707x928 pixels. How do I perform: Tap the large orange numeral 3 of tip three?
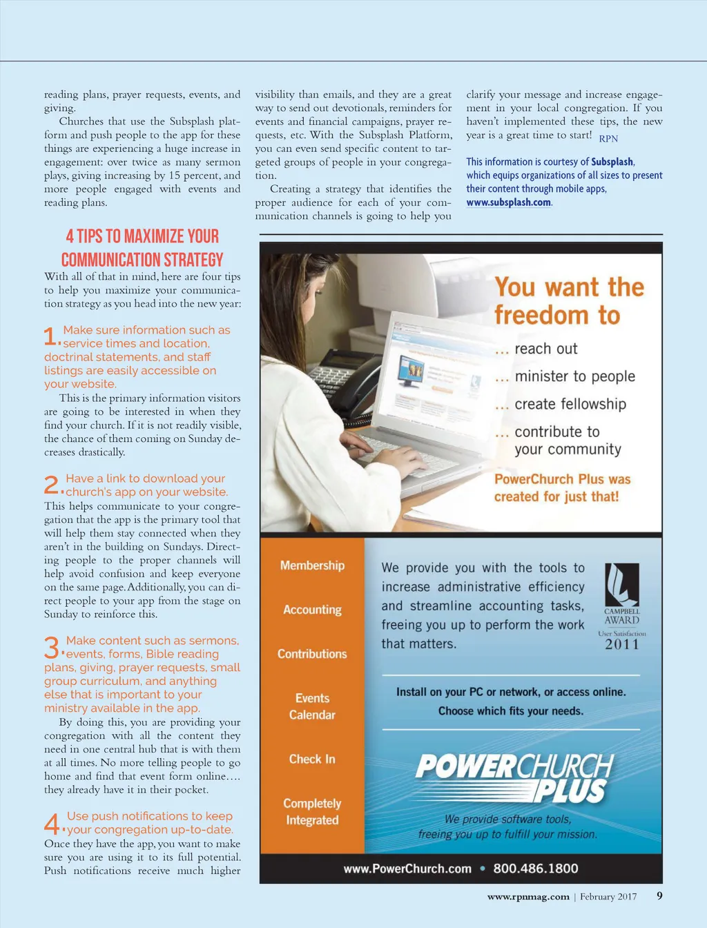pyautogui.click(x=52, y=648)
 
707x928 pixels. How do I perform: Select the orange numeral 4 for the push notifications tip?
pyautogui.click(x=52, y=824)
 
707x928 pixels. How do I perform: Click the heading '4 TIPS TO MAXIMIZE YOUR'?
pyautogui.click(x=142, y=237)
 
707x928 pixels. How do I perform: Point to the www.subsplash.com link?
pyautogui.click(x=508, y=202)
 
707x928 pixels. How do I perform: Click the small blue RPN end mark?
pyautogui.click(x=608, y=139)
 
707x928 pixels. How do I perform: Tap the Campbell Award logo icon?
pyautogui.click(x=621, y=584)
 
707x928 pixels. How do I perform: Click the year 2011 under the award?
pyautogui.click(x=622, y=644)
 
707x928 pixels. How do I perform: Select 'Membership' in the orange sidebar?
pyautogui.click(x=312, y=565)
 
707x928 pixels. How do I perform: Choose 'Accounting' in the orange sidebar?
pyautogui.click(x=312, y=610)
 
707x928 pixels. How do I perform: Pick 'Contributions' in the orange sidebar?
pyautogui.click(x=312, y=654)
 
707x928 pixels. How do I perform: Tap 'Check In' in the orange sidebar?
pyautogui.click(x=312, y=759)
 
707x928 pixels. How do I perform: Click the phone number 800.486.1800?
pyautogui.click(x=535, y=869)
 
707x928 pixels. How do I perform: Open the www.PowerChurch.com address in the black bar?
pyautogui.click(x=407, y=869)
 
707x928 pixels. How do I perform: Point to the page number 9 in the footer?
pyautogui.click(x=659, y=896)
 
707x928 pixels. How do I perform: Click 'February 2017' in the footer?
pyautogui.click(x=608, y=897)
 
